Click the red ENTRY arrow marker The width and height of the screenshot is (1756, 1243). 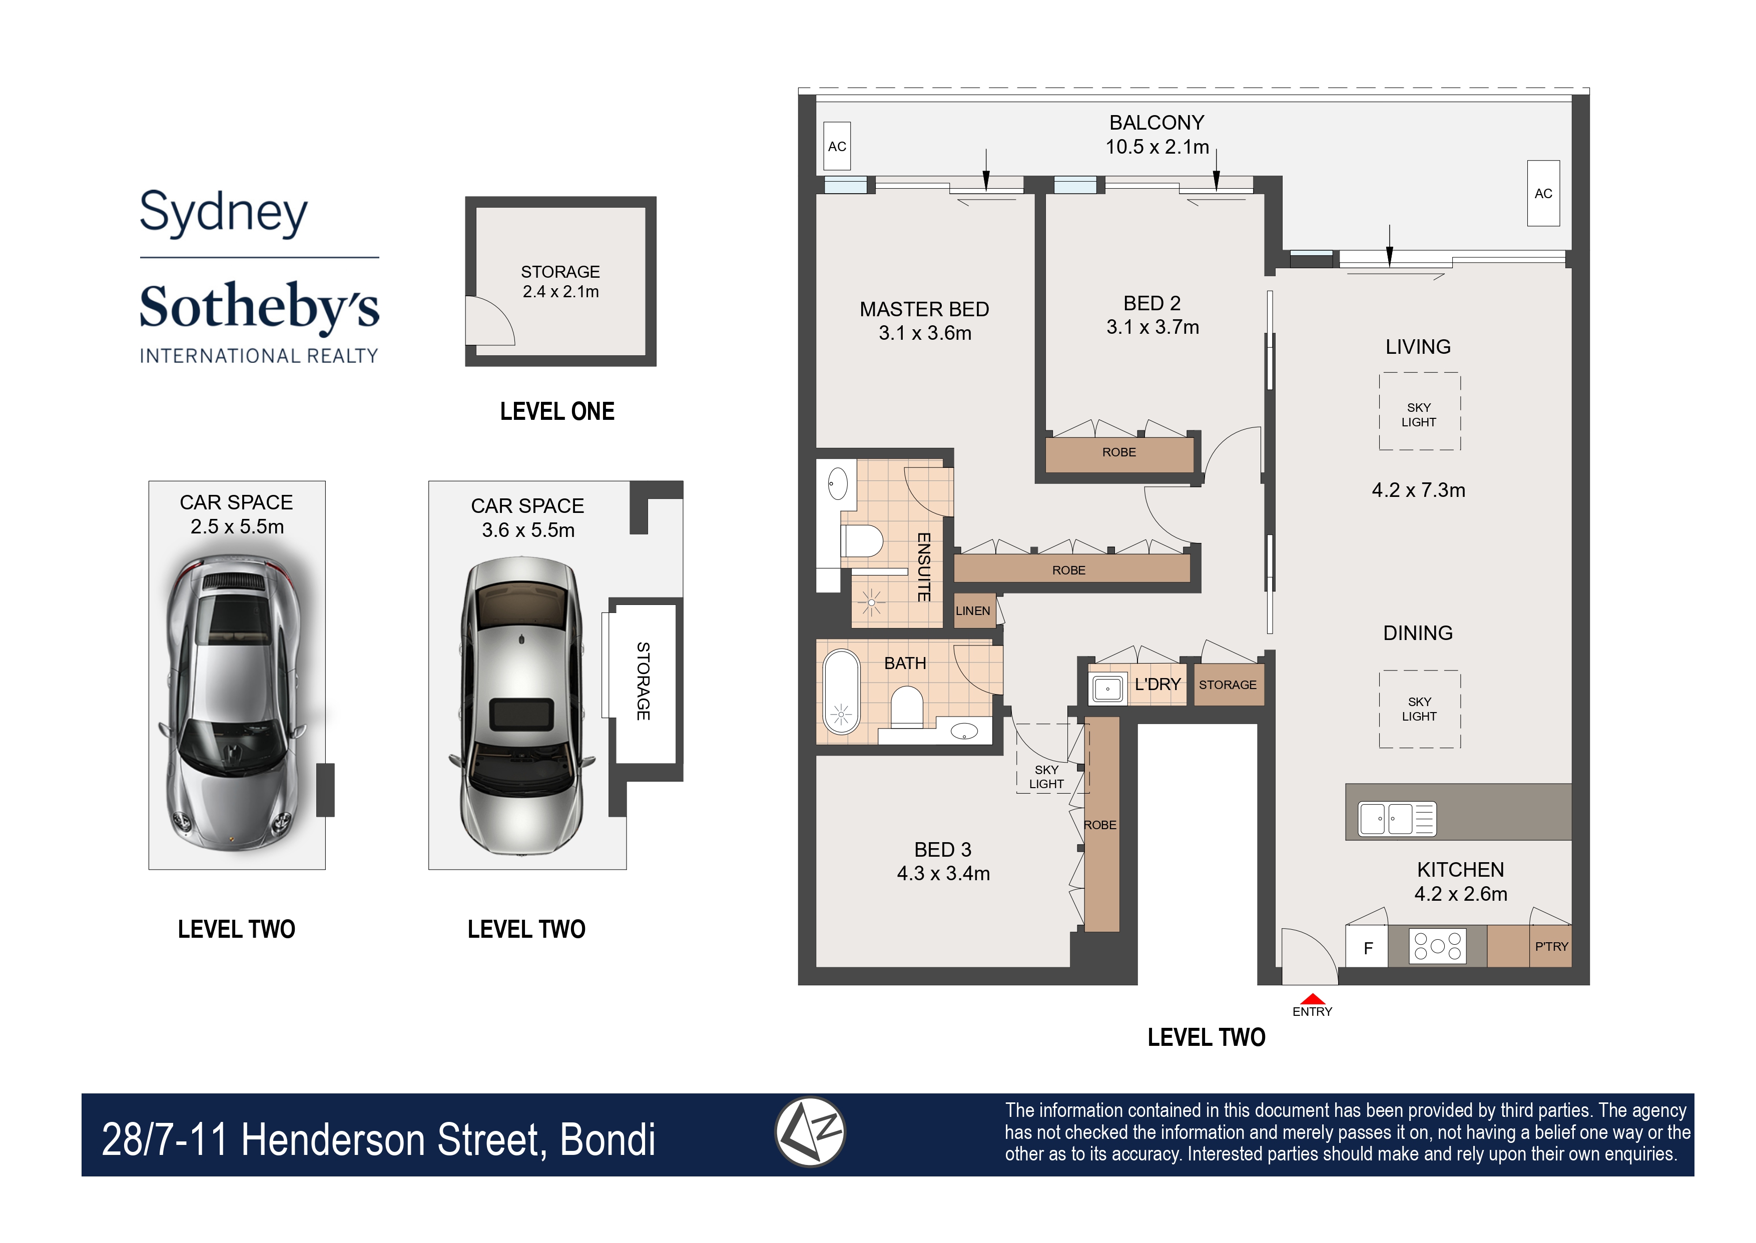[1312, 999]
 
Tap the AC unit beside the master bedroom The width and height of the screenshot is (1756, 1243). [837, 146]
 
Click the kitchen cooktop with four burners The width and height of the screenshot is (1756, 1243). [1437, 946]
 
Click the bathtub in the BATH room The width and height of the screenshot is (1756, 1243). [841, 692]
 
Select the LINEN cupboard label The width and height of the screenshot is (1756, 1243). [973, 611]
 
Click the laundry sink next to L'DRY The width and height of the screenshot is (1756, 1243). [1107, 688]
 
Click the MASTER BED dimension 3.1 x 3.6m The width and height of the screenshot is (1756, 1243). [925, 333]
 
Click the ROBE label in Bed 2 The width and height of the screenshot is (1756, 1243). [1118, 452]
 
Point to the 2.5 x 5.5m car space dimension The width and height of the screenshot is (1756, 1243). [237, 526]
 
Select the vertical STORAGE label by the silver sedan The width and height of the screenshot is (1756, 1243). [643, 681]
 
